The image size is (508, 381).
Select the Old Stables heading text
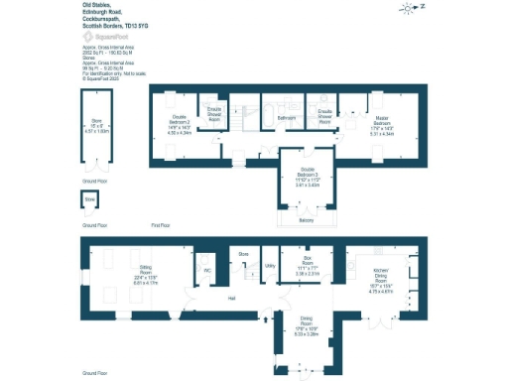pos(95,5)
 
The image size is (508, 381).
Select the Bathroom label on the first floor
pos(287,117)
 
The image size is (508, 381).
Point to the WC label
pos(208,269)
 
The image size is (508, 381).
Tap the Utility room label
pos(269,266)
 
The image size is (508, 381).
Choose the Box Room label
pos(308,263)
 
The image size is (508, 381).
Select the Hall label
pos(231,297)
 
